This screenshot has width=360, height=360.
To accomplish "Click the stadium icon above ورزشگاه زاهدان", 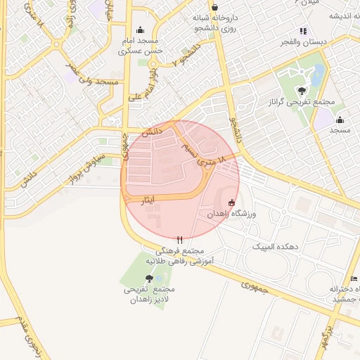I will point(232,203).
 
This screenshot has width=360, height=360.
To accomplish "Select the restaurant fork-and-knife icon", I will point(180,239).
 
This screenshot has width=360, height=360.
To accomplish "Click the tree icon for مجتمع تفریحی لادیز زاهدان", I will point(148,278).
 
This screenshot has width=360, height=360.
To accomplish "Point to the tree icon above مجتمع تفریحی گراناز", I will point(302,90).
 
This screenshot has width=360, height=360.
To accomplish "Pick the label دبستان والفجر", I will point(304,42).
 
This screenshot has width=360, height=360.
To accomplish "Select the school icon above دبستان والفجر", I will point(304,31).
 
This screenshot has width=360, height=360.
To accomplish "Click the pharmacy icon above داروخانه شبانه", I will point(214,7).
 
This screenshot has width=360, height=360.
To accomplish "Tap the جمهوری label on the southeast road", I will point(255,288).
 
